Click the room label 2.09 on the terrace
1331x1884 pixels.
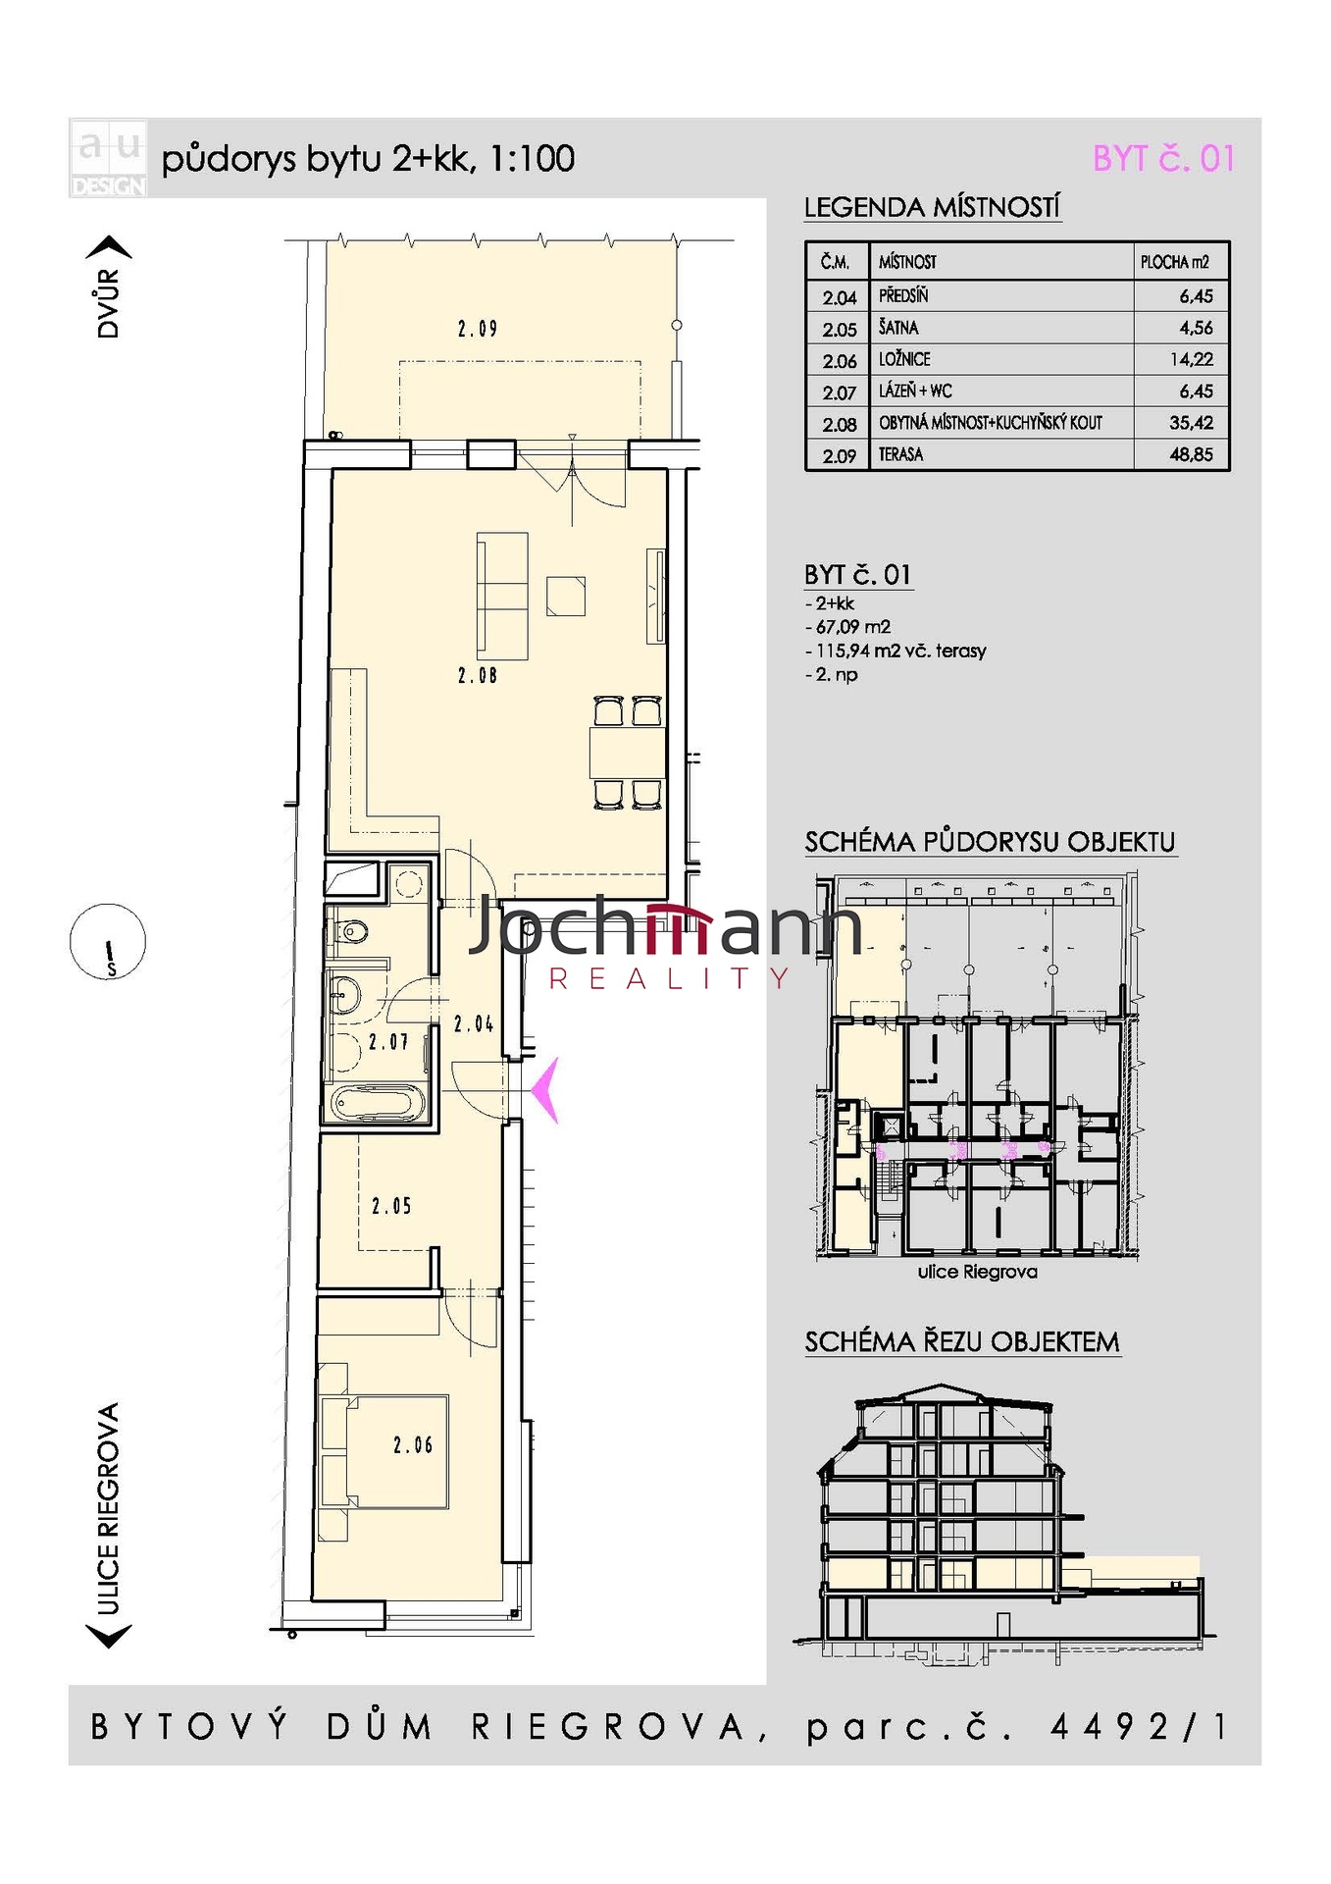click(x=477, y=329)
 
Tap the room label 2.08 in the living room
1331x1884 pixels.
click(x=477, y=675)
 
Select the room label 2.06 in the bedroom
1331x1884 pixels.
click(x=413, y=1444)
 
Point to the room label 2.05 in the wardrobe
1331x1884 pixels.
click(x=391, y=1205)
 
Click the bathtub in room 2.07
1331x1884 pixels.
click(x=377, y=1103)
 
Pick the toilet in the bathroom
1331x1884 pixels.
click(x=350, y=930)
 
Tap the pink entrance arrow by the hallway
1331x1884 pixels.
click(x=545, y=1089)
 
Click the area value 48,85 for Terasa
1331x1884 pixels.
click(x=1191, y=454)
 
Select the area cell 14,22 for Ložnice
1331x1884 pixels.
click(x=1191, y=359)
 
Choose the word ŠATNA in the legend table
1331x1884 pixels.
click(x=898, y=327)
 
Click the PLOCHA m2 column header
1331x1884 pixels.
click(x=1174, y=262)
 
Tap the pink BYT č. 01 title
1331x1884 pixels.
click(x=1163, y=158)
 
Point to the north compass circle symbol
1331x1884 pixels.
click(x=108, y=942)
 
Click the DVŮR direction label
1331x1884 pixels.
click(x=108, y=303)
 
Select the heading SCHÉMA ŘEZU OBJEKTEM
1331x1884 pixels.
click(x=962, y=1341)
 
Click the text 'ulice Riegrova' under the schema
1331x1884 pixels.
click(x=977, y=1272)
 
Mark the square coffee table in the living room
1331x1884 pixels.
click(x=566, y=596)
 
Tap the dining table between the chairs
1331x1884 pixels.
click(x=627, y=753)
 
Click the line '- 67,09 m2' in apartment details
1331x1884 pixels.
click(x=847, y=627)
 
